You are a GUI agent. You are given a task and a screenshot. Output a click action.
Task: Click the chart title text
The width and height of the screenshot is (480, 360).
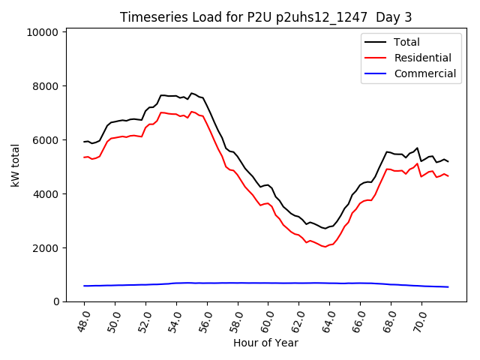265,16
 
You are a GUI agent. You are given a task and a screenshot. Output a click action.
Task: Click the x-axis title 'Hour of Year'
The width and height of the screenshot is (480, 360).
265,343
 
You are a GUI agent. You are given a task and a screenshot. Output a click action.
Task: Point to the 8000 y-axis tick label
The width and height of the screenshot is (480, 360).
48,86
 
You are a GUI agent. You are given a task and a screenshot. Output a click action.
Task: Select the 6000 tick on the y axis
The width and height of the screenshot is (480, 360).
48,140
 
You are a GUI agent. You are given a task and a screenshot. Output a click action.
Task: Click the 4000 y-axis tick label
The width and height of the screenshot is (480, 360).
48,194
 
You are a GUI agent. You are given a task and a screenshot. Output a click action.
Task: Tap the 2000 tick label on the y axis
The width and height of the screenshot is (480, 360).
48,248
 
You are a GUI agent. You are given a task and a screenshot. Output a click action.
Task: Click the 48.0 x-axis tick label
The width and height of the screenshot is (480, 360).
83,318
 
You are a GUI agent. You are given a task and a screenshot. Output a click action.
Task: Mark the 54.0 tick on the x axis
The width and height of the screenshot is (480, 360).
175,318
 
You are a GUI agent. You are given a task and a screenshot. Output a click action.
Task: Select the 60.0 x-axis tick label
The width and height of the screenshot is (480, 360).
267,318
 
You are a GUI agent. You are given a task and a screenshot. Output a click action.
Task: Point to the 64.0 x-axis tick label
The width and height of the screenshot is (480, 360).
328,318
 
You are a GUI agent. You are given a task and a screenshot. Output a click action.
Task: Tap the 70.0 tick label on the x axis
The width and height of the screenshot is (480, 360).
420,318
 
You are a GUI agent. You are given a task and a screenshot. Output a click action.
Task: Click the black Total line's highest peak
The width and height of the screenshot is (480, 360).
191,93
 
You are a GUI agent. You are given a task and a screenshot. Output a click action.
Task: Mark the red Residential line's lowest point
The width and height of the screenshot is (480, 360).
325,247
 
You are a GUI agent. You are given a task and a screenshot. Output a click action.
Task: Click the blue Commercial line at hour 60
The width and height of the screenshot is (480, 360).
268,283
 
